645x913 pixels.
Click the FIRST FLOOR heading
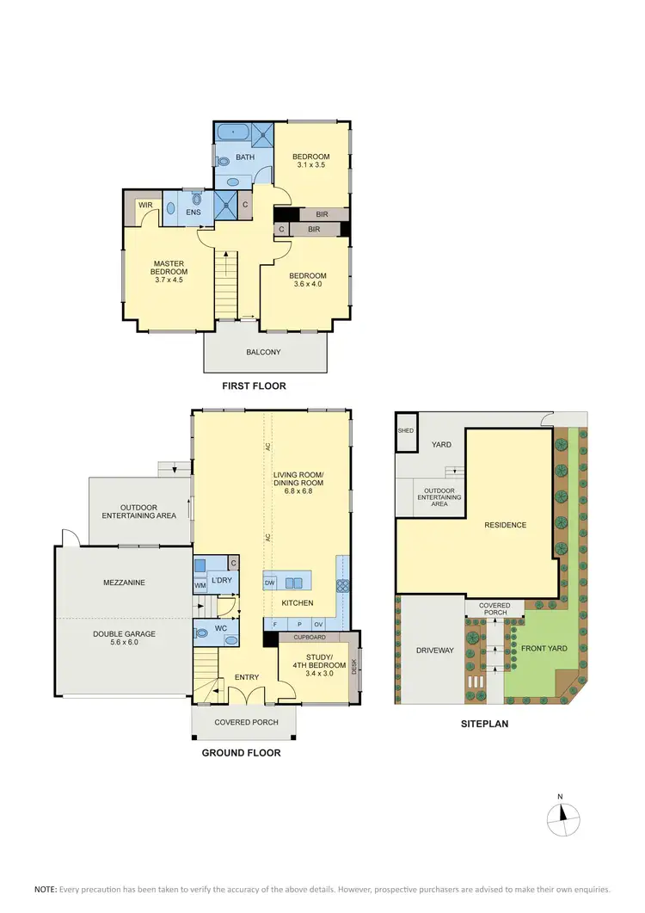pyautogui.click(x=254, y=386)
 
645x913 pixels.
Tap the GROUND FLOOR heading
pyautogui.click(x=241, y=753)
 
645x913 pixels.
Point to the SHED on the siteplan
pyautogui.click(x=405, y=432)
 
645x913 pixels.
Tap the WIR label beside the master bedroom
pyautogui.click(x=144, y=205)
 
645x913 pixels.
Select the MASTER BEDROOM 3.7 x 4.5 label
pyautogui.click(x=169, y=272)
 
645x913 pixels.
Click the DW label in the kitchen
pyautogui.click(x=269, y=583)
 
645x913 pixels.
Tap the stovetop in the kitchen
pyautogui.click(x=342, y=583)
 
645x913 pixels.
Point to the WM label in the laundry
pyautogui.click(x=200, y=585)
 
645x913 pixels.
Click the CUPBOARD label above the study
pyautogui.click(x=310, y=638)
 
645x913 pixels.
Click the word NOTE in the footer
pyautogui.click(x=45, y=888)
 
